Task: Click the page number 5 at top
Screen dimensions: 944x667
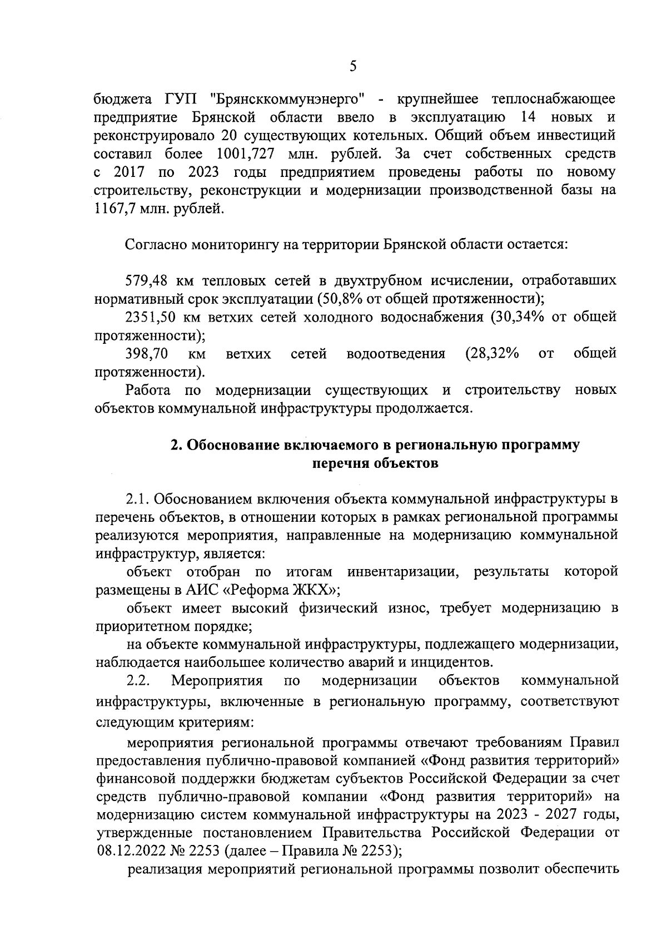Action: pyautogui.click(x=353, y=67)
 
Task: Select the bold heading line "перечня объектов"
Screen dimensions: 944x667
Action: pyautogui.click(x=376, y=464)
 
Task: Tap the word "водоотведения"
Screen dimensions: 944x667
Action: pyautogui.click(x=396, y=354)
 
